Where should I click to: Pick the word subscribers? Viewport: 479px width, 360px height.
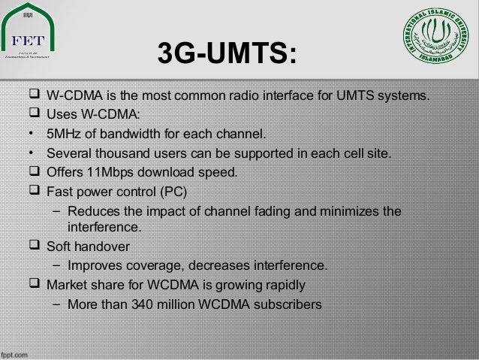coord(289,305)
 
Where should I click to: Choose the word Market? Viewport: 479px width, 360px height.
coord(67,286)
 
